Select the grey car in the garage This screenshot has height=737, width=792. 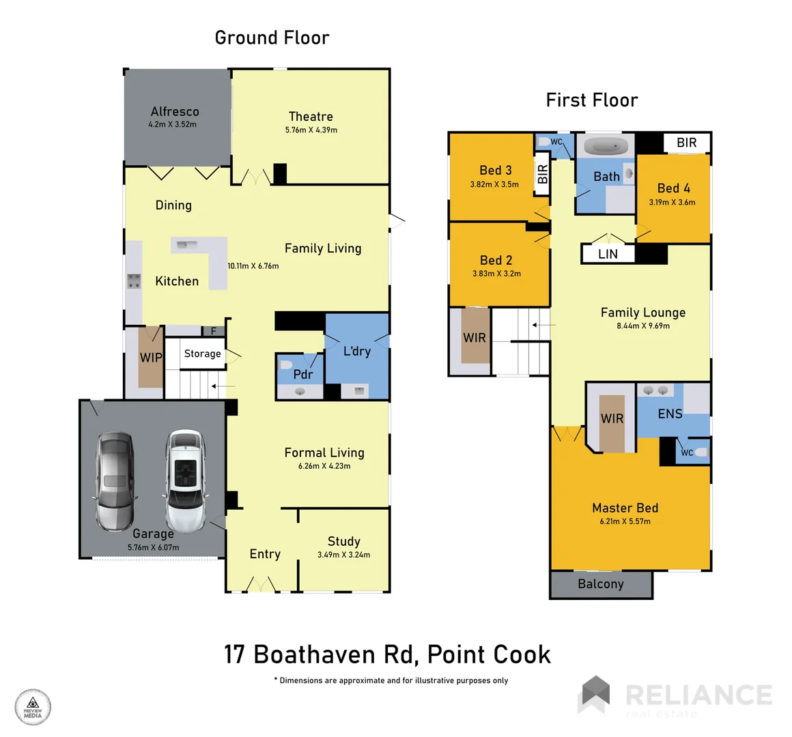click(x=115, y=481)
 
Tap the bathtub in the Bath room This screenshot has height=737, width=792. click(x=606, y=145)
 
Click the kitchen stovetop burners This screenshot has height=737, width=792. click(x=134, y=280)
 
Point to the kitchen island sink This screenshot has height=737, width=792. click(x=184, y=244)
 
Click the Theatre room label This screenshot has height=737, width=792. click(x=311, y=117)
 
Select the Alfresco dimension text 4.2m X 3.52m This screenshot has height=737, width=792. click(x=173, y=125)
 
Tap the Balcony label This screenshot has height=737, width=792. click(x=601, y=584)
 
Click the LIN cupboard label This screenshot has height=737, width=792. click(x=608, y=254)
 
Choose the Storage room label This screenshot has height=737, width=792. click(x=202, y=353)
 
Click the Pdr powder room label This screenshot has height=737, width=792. click(x=302, y=375)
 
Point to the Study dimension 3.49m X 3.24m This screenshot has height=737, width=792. click(x=343, y=555)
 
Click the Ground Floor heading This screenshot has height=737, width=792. click(x=272, y=38)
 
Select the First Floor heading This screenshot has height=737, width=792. click(x=591, y=100)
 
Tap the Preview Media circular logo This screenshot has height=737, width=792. click(x=33, y=707)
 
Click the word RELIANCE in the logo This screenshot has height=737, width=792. click(x=698, y=695)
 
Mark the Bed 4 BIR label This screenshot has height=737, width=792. click(x=686, y=143)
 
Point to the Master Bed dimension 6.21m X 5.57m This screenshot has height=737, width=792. click(x=625, y=521)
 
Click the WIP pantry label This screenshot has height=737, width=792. click(x=151, y=358)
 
